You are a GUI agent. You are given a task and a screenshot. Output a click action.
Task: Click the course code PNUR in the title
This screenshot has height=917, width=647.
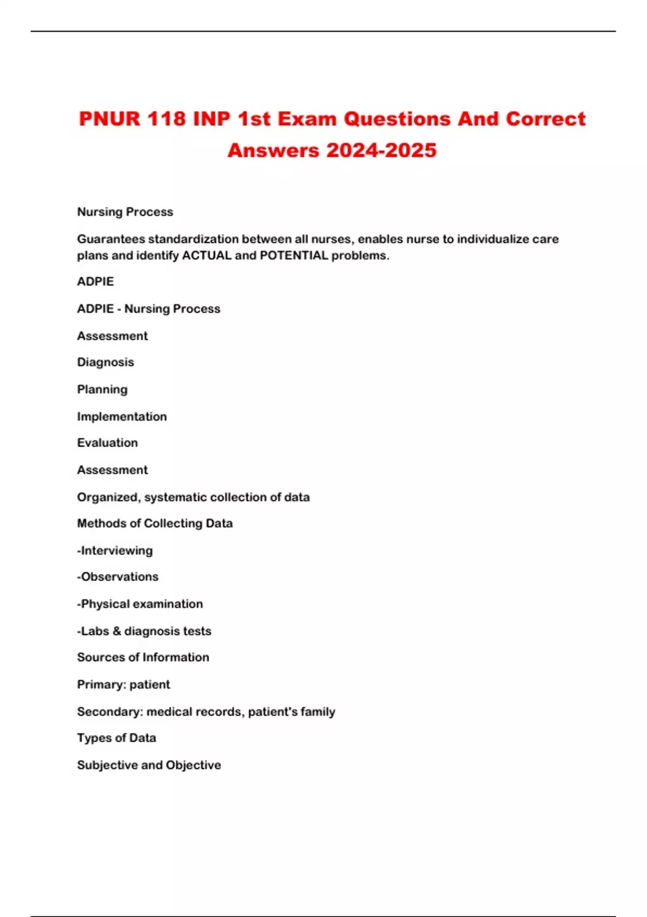109,119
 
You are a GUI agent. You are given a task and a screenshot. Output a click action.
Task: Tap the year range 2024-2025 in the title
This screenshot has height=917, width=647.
381,150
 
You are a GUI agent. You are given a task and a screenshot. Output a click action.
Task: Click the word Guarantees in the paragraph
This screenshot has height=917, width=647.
111,239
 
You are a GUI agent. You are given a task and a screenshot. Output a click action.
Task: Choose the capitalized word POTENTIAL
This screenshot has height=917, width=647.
294,255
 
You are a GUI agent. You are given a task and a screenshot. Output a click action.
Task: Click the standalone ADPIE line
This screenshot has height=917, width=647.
95,282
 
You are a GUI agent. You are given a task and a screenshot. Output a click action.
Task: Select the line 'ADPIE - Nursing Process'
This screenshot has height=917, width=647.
149,309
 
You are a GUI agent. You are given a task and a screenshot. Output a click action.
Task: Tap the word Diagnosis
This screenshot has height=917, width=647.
106,362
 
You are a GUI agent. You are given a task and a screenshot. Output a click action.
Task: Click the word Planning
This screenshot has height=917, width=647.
102,389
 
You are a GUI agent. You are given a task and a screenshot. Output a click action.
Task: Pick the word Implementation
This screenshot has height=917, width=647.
122,416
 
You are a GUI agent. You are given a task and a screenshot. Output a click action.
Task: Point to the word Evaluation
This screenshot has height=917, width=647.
107,443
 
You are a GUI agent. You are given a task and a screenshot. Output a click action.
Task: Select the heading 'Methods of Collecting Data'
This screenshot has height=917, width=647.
155,523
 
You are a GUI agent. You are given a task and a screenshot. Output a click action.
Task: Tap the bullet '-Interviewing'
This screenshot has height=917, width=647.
115,551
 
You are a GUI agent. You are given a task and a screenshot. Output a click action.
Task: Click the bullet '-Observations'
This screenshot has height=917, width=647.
118,577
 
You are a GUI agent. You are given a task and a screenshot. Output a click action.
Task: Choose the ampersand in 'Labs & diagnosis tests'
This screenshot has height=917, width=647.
117,631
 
